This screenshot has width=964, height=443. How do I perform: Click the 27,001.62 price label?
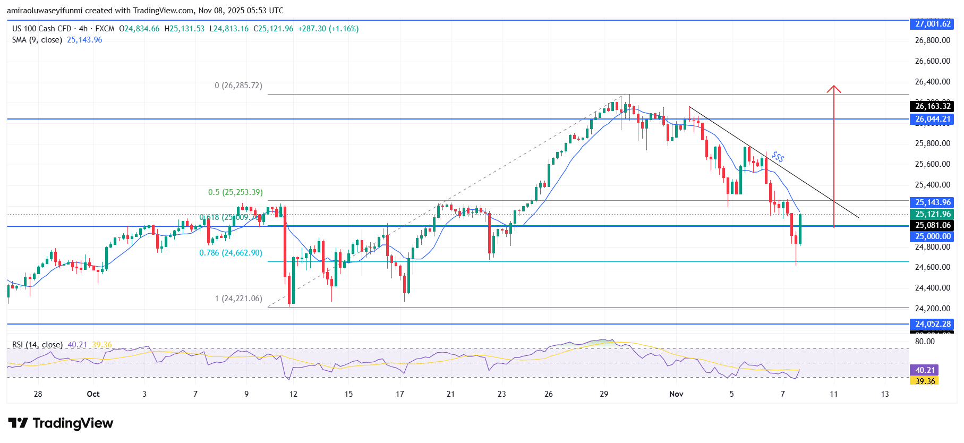pyautogui.click(x=932, y=24)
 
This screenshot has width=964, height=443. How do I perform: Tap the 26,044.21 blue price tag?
pyautogui.click(x=932, y=119)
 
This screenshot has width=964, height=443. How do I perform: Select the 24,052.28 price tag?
pyautogui.click(x=932, y=324)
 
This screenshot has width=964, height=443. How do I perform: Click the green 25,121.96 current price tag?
pyautogui.click(x=932, y=214)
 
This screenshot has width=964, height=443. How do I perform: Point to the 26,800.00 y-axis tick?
pyautogui.click(x=932, y=40)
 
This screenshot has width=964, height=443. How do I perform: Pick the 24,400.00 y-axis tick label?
pyautogui.click(x=932, y=288)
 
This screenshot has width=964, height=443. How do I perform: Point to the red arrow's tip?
pyautogui.click(x=833, y=86)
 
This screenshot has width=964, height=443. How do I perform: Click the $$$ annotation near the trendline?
pyautogui.click(x=778, y=157)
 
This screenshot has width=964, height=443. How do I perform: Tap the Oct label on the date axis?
pyautogui.click(x=93, y=394)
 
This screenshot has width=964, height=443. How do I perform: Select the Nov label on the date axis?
pyautogui.click(x=676, y=394)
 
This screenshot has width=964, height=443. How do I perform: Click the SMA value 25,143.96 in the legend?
pyautogui.click(x=84, y=40)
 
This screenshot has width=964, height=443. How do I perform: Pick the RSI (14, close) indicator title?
pyautogui.click(x=37, y=345)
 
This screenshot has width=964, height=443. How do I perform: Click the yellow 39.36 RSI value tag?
pyautogui.click(x=925, y=381)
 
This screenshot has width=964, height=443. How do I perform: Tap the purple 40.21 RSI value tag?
pyautogui.click(x=925, y=370)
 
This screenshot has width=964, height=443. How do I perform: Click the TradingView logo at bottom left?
pyautogui.click(x=61, y=423)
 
